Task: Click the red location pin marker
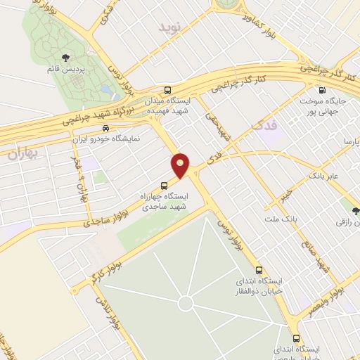click(181, 165)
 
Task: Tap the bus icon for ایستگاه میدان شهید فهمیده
click(167, 90)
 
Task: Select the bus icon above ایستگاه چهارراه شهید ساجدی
click(164, 186)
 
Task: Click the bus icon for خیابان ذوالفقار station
click(259, 270)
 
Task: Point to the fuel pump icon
click(322, 90)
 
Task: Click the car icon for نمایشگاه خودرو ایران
click(105, 129)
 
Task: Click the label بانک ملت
click(286, 220)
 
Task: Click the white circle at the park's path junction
click(185, 304)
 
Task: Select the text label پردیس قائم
click(65, 72)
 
